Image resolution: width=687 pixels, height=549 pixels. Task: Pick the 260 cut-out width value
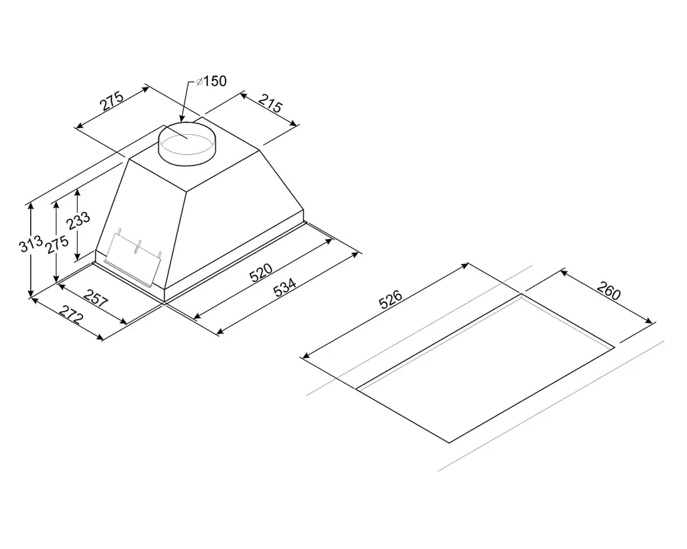609,294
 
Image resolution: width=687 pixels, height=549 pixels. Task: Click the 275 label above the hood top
113,101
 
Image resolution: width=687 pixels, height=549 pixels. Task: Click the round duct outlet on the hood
186,143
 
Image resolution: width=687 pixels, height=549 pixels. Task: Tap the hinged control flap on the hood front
134,255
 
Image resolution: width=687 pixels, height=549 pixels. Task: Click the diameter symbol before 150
199,82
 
